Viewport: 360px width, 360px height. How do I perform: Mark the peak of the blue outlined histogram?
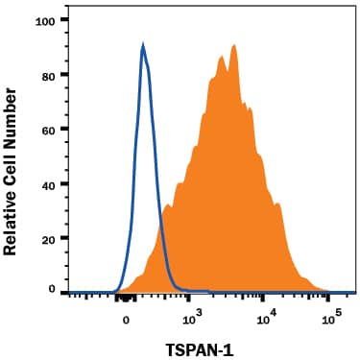pyautogui.click(x=143, y=44)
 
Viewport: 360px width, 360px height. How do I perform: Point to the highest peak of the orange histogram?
pyautogui.click(x=231, y=45)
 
